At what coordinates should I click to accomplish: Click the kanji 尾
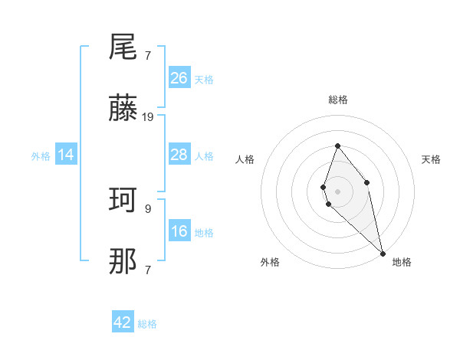click(x=123, y=47)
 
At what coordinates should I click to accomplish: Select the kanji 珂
click(x=123, y=201)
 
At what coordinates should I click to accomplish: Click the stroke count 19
click(x=148, y=117)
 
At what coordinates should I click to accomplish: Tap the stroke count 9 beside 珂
click(x=147, y=208)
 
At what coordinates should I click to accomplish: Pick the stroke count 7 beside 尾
click(x=147, y=55)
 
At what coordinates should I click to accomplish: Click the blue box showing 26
click(x=179, y=78)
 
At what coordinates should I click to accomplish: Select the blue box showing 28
click(x=179, y=155)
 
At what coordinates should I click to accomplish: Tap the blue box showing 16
click(x=179, y=231)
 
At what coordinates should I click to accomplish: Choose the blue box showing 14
click(x=66, y=155)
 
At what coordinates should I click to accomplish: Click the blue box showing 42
click(x=123, y=322)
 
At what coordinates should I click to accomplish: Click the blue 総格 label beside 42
click(x=147, y=324)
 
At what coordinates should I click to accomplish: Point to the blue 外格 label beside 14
click(x=41, y=156)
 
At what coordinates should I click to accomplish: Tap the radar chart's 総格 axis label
click(x=337, y=100)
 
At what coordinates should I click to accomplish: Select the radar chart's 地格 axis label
click(x=402, y=262)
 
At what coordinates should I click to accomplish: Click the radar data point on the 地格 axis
click(x=382, y=253)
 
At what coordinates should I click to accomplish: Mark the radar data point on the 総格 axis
click(x=337, y=146)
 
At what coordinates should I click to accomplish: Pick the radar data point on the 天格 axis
click(x=367, y=182)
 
